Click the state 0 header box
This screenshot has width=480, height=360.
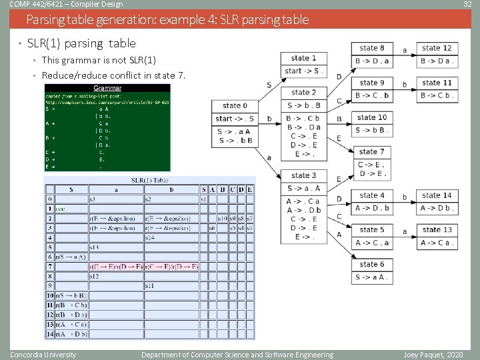(232, 105)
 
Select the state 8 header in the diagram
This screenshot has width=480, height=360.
(372, 48)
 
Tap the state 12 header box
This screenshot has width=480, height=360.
(437, 48)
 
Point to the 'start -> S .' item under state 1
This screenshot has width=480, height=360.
(304, 71)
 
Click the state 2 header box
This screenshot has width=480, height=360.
(304, 92)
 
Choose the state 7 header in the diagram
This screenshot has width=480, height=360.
(372, 151)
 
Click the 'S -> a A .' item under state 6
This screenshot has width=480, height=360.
(372, 277)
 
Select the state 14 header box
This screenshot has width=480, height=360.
(437, 195)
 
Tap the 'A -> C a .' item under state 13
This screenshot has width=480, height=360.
(437, 243)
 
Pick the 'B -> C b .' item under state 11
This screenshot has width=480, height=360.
(437, 95)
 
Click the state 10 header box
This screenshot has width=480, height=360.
(372, 117)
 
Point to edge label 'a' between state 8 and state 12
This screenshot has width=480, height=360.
(405, 50)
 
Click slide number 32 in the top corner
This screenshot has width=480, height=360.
(467, 5)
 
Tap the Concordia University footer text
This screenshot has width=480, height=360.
(43, 355)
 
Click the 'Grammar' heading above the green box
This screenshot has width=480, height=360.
(107, 88)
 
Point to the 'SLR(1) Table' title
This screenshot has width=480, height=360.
(149, 180)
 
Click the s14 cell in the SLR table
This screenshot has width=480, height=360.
(151, 237)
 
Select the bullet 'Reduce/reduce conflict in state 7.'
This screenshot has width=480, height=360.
(113, 75)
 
